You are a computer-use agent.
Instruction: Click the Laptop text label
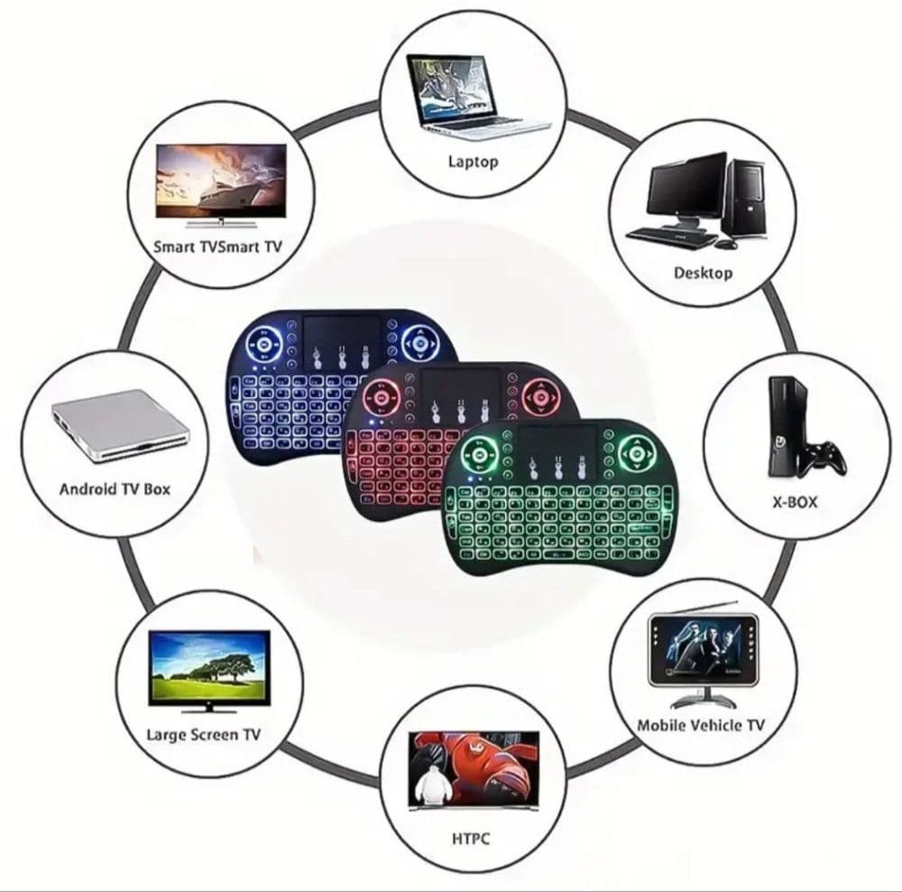tap(473, 162)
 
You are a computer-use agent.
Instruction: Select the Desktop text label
tap(703, 273)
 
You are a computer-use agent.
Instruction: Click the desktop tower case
tap(745, 199)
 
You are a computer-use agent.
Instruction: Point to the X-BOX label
tap(795, 502)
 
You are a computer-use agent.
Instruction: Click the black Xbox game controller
tap(824, 458)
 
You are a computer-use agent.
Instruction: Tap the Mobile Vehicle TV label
tap(701, 725)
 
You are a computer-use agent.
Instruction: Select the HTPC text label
tap(471, 839)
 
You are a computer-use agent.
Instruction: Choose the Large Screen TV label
tap(203, 735)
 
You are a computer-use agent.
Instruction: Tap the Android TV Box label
tap(115, 489)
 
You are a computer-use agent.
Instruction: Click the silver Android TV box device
tap(120, 426)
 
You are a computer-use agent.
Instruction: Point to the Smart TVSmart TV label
tap(218, 247)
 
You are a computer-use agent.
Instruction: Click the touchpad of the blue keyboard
tap(342, 339)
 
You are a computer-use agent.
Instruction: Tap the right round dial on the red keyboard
tap(540, 396)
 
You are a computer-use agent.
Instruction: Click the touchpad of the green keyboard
tap(557, 450)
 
